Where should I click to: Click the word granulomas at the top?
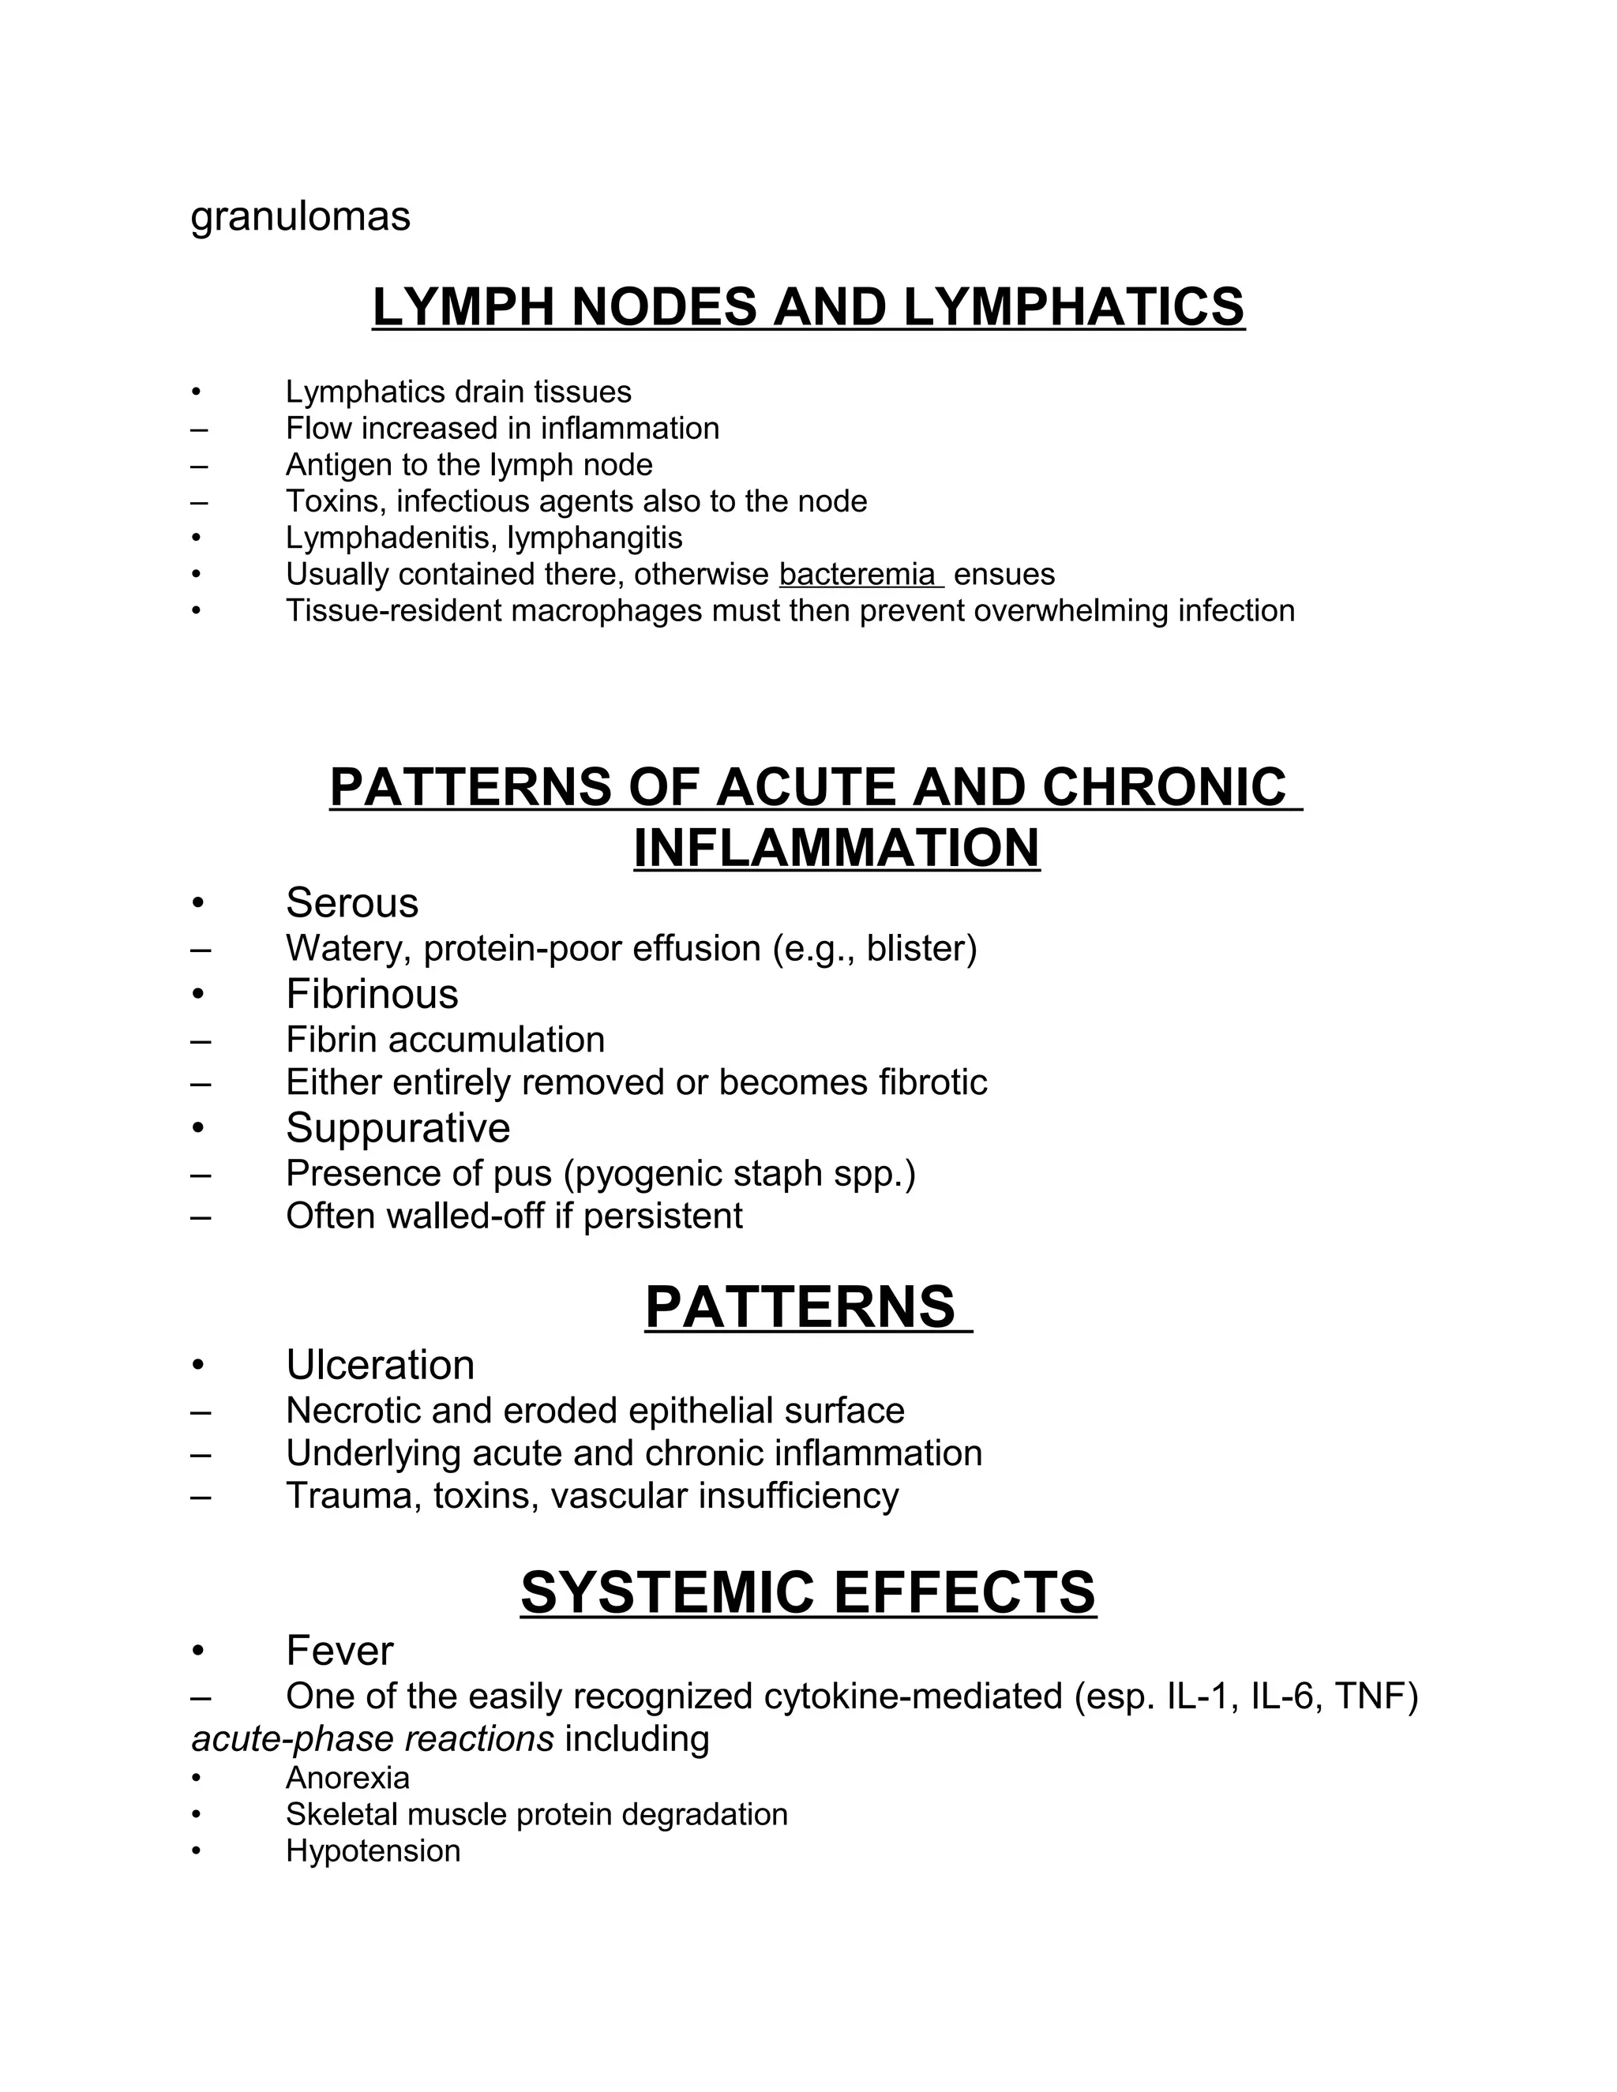pos(300,217)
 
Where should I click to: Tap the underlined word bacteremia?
pos(857,575)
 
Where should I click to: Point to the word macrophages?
pos(606,611)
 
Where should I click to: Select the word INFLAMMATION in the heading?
pos(836,849)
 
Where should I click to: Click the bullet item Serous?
pos(351,903)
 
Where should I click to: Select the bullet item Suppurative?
pos(398,1128)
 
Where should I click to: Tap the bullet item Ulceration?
pos(381,1366)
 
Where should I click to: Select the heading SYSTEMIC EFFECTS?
pos(808,1593)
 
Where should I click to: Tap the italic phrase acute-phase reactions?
pos(372,1738)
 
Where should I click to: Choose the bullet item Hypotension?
pos(373,1851)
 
